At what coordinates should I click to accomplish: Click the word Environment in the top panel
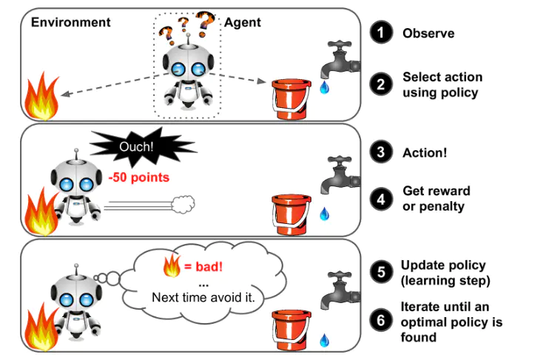pyautogui.click(x=71, y=22)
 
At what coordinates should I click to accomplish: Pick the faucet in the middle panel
pyautogui.click(x=340, y=174)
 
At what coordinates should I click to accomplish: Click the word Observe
pyautogui.click(x=428, y=33)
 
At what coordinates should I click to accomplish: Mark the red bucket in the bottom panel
pyautogui.click(x=289, y=331)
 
